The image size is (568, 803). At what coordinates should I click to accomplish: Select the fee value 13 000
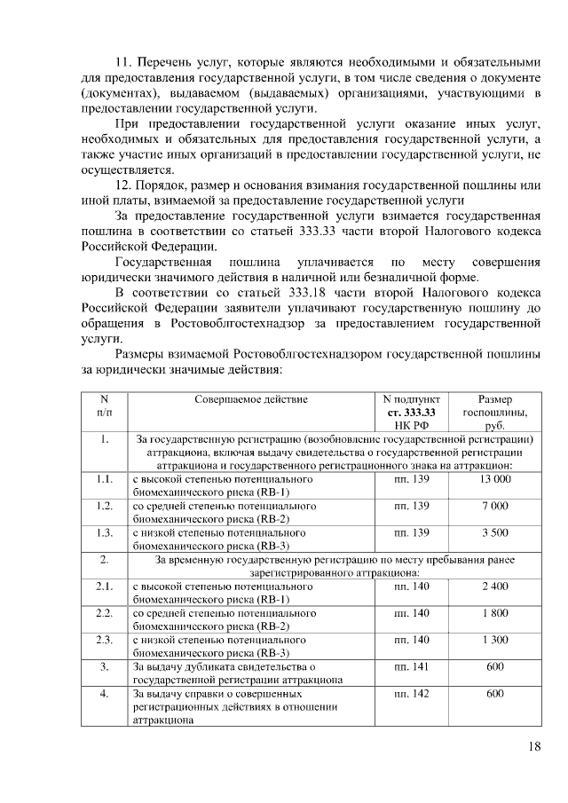pos(495,479)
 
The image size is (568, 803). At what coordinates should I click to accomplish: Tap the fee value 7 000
pos(495,506)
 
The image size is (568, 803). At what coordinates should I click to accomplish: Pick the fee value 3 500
pos(495,532)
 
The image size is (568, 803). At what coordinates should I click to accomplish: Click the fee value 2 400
pos(495,587)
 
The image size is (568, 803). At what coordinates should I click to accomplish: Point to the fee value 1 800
pos(495,613)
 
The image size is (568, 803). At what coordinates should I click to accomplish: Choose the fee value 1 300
pos(495,640)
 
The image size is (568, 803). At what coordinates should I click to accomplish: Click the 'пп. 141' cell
pos(412,666)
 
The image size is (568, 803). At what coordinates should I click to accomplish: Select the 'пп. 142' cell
pos(412,693)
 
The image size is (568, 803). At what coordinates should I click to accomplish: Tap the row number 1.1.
pos(104,479)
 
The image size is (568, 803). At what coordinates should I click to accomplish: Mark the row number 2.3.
pos(104,640)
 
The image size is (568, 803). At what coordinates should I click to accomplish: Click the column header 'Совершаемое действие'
pos(251,399)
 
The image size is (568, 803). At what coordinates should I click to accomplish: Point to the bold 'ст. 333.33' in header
pos(412,413)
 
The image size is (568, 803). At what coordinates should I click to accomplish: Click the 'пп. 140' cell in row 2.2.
pos(412,613)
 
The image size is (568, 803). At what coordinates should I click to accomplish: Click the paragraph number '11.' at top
pos(123,62)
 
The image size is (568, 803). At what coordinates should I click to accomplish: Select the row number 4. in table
pos(104,693)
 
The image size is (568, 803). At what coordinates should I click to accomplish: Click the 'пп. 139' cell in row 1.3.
pos(412,532)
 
